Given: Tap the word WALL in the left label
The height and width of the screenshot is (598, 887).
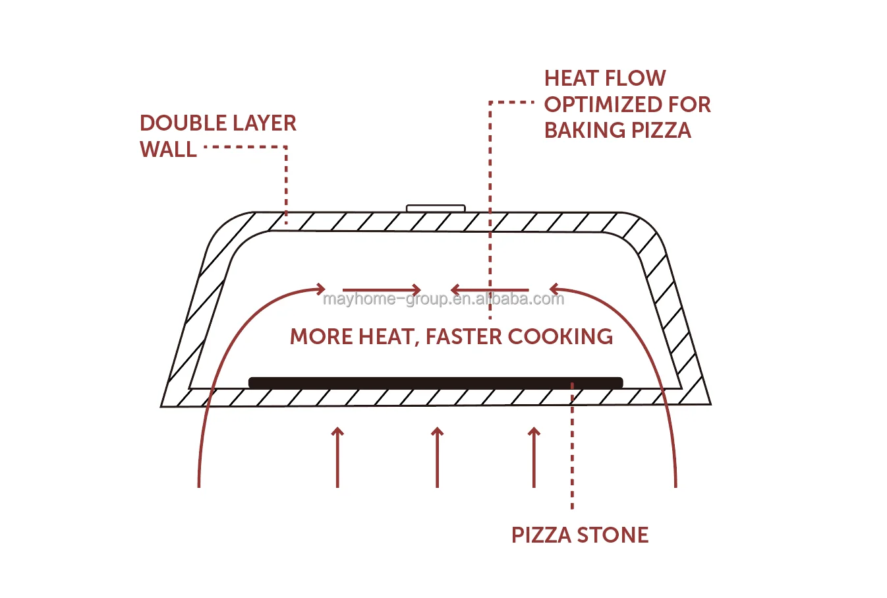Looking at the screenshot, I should point(168,150).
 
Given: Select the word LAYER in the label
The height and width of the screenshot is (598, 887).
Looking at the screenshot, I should point(262,123).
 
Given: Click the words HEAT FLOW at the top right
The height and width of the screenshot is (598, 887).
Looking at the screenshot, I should point(604,78).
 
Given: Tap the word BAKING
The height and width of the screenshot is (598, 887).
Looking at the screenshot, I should point(585,131).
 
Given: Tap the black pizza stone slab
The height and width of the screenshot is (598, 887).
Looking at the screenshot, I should point(435,382).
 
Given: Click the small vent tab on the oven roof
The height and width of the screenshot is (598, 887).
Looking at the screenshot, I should point(436,208).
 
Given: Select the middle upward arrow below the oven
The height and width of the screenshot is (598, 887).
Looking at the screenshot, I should point(437,457).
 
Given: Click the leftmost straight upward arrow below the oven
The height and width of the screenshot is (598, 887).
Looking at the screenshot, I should point(337,457).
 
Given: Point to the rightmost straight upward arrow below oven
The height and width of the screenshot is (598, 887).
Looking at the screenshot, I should point(534,457).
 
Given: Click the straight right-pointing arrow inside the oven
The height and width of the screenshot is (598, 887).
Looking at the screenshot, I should point(382,289).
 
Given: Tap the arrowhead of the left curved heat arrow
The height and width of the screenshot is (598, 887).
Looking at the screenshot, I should point(321,289).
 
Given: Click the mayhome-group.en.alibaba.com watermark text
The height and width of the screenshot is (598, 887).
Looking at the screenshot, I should point(443,299).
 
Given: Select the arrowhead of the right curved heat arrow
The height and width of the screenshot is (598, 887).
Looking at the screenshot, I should point(554,289).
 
